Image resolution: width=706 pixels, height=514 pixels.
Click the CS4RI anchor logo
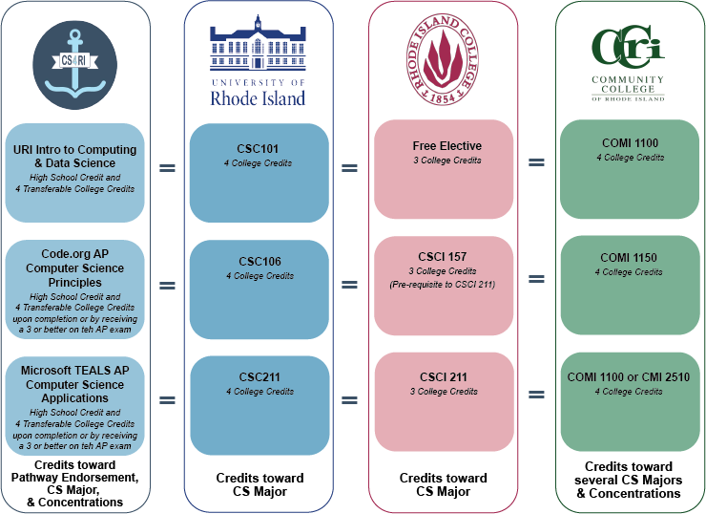[74, 68]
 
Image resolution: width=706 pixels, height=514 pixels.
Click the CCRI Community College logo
[628, 62]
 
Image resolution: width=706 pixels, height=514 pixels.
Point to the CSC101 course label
[259, 149]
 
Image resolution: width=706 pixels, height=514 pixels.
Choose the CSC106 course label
[260, 262]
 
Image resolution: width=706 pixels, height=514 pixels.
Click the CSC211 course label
[260, 376]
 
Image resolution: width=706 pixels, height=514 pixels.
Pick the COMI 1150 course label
[629, 258]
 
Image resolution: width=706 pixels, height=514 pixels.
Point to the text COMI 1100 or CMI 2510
[629, 377]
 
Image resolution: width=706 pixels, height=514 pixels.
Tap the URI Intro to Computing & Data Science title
[75, 157]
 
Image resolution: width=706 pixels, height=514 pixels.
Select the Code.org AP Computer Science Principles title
[75, 268]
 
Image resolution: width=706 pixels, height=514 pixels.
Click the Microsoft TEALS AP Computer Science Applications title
[75, 384]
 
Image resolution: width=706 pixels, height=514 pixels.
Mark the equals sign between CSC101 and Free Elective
[350, 168]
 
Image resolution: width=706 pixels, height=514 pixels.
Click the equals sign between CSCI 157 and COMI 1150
[536, 279]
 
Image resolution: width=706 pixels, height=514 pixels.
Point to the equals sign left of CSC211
[167, 399]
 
